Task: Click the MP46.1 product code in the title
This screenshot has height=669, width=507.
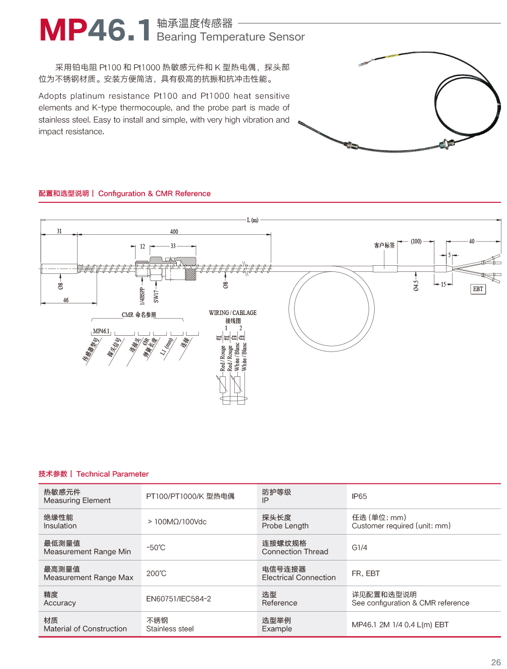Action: [95, 30]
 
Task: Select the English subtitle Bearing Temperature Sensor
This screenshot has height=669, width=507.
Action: [231, 37]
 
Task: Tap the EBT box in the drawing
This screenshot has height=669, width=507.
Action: [478, 289]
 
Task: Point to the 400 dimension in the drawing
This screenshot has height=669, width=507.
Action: [174, 232]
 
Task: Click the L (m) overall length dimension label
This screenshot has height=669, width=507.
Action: [252, 220]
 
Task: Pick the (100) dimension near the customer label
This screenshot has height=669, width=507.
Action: [416, 241]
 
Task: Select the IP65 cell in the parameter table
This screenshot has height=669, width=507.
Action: [359, 497]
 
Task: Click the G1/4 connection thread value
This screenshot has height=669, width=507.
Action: [359, 548]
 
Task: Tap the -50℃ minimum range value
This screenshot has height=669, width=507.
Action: [156, 548]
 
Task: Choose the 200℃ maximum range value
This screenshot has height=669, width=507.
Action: [156, 574]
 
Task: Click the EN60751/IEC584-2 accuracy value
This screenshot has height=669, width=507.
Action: [178, 599]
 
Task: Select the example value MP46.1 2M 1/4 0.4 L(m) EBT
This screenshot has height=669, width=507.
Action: [400, 625]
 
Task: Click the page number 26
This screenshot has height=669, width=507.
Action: [496, 662]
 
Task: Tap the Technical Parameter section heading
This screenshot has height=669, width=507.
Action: [113, 474]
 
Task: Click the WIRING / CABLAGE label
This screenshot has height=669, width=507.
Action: [233, 313]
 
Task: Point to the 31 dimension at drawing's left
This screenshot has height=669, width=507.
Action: [59, 231]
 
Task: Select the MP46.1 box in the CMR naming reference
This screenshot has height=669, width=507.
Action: [101, 331]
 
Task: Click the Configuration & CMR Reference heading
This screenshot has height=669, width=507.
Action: [154, 194]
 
